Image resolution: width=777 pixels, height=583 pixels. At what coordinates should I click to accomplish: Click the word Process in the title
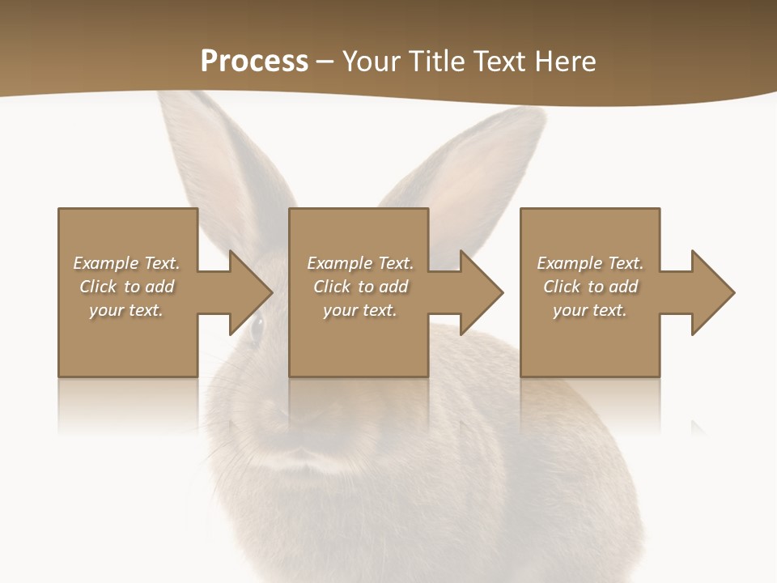pos(254,62)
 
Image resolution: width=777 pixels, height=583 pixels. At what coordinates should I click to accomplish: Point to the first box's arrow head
pos(250,292)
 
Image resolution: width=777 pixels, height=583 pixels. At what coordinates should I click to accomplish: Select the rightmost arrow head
pos(712,292)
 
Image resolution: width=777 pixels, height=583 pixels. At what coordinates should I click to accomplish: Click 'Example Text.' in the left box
pos(126,263)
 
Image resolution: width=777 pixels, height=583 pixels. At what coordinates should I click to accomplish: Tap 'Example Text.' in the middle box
pos(360,263)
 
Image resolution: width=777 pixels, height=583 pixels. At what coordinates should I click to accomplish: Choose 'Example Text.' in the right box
pos(590,263)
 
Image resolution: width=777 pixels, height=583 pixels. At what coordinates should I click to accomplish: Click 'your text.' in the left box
pos(126,310)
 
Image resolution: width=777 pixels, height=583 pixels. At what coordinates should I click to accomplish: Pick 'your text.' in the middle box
pos(360,310)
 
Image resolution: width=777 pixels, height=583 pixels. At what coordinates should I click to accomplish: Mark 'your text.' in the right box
pos(590,310)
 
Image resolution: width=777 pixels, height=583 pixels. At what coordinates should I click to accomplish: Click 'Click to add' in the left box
pos(126,287)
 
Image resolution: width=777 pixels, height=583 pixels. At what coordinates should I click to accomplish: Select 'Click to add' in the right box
pos(590,287)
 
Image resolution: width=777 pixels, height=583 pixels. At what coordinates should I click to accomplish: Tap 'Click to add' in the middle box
pos(360,287)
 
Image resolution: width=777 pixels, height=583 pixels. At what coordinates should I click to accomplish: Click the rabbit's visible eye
pos(257,327)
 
